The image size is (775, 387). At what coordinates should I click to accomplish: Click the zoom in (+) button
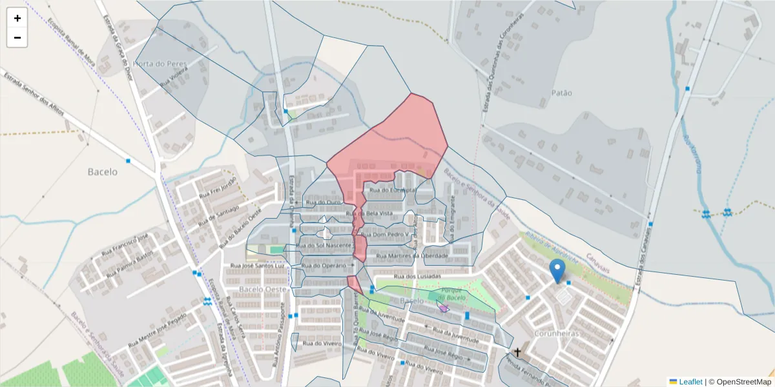point(17,18)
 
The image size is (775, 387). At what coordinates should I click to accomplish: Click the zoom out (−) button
point(17,37)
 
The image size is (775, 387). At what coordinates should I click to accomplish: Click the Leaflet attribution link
point(690,381)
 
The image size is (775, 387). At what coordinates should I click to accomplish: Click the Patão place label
point(561,93)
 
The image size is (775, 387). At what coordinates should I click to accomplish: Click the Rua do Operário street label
point(324,265)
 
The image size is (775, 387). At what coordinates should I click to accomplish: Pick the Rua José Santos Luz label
point(258,265)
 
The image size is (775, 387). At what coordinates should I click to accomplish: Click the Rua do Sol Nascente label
point(324,246)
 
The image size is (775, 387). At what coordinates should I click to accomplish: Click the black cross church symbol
point(517,352)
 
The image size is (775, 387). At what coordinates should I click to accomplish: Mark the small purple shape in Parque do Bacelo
point(443,308)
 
